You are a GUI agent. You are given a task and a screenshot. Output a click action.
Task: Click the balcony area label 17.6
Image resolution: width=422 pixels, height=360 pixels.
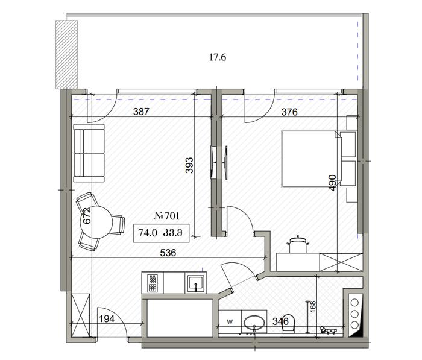(218, 57)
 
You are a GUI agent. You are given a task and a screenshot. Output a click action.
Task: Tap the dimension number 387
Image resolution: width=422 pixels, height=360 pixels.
(141, 112)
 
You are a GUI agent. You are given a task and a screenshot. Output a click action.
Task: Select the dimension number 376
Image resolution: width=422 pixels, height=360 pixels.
(289, 112)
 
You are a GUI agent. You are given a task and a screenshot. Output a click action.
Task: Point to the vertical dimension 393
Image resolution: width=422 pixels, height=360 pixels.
(189, 165)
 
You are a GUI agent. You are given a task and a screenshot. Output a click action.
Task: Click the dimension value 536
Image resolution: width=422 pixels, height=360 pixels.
(168, 253)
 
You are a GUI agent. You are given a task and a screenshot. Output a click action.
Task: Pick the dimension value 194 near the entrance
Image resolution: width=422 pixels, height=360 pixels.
(107, 319)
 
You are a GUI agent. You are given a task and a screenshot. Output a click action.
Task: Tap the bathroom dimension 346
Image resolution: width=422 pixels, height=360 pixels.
(280, 321)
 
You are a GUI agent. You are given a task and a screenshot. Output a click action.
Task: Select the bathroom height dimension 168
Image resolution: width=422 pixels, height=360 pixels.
(313, 306)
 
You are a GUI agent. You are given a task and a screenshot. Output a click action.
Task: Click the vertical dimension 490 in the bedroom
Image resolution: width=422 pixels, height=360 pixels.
(333, 183)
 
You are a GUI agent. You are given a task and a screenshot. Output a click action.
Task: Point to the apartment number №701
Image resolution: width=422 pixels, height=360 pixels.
(167, 216)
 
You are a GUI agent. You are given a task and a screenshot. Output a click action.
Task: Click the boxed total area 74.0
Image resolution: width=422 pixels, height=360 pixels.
(148, 232)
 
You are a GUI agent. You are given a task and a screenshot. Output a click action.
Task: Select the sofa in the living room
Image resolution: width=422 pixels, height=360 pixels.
(89, 153)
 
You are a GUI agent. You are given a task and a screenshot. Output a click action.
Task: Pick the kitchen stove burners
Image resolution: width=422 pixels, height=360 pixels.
(153, 283)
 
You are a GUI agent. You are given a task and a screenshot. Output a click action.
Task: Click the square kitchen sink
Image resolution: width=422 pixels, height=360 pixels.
(196, 283)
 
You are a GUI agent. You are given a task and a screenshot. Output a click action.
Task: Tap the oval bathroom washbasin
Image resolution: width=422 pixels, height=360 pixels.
(254, 322)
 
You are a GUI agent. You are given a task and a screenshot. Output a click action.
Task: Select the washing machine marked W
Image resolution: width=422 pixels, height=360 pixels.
(230, 322)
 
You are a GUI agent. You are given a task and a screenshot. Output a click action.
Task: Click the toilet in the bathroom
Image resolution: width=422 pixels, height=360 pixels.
(288, 323)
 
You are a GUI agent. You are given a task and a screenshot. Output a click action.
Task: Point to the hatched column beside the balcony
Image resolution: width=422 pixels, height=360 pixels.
(66, 54)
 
